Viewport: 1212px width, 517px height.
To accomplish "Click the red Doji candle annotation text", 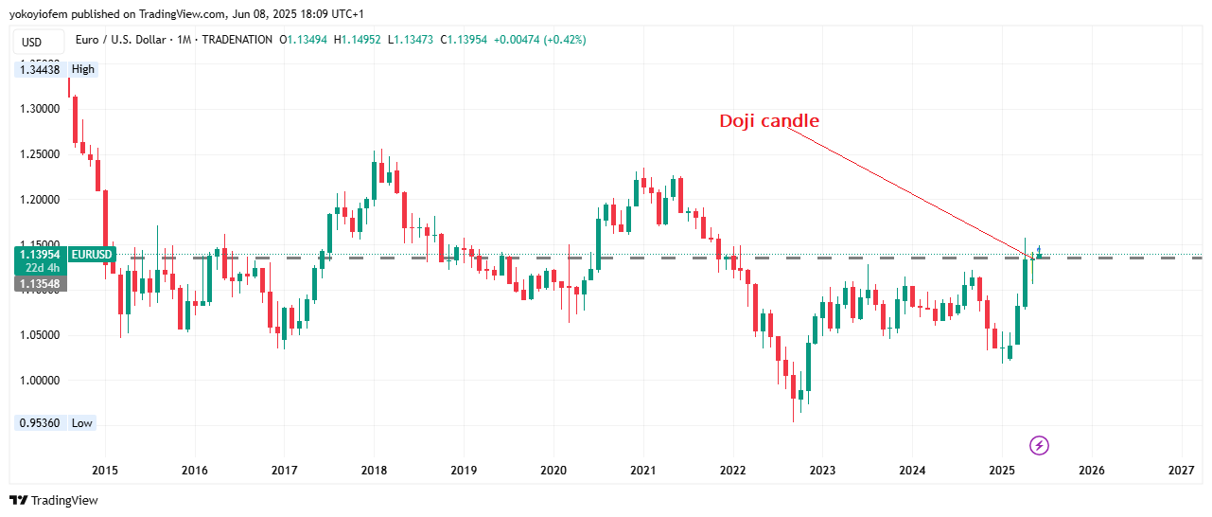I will tap(769, 121).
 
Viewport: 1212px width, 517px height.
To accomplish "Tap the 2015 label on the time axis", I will tap(105, 470).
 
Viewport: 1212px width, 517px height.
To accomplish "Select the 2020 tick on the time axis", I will tap(553, 470).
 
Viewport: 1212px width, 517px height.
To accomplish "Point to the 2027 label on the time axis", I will tap(1181, 470).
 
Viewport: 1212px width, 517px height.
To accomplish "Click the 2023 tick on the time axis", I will tap(822, 470).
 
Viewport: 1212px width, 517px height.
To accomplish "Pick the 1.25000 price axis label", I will tap(41, 154).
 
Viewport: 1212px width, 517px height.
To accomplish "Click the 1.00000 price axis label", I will tap(41, 381).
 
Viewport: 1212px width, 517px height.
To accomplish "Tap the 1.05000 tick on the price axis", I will tap(41, 335).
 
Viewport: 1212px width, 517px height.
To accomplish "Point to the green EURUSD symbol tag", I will tap(93, 255).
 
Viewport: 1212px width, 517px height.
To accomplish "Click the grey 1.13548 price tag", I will tap(40, 284).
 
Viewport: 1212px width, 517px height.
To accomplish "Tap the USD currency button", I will tap(32, 42).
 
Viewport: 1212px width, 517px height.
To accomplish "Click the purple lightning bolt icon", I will tap(1039, 445).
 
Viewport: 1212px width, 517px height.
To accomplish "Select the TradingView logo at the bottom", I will tap(54, 500).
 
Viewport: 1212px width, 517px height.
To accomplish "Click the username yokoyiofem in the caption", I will tap(39, 14).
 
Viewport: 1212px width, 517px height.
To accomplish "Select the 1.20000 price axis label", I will tap(41, 200).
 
